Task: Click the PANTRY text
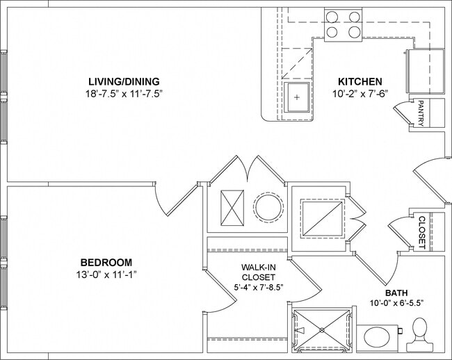pyautogui.click(x=420, y=113)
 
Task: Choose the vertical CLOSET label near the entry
pyautogui.click(x=421, y=232)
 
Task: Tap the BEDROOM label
pyautogui.click(x=106, y=262)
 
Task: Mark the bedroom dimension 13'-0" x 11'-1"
pyautogui.click(x=106, y=275)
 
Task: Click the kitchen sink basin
pyautogui.click(x=298, y=97)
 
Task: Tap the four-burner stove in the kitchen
pyautogui.click(x=344, y=24)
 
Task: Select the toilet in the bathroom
pyautogui.click(x=420, y=332)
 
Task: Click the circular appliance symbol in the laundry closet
pyautogui.click(x=268, y=206)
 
